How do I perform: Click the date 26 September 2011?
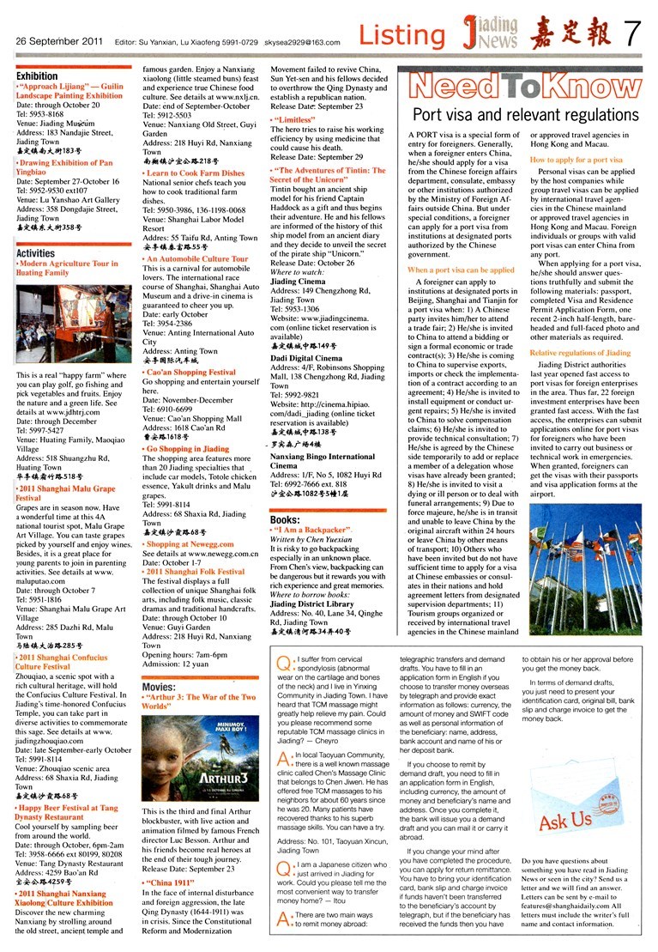pos(54,39)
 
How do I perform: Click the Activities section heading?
pos(35,253)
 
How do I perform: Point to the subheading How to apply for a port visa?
pos(576,161)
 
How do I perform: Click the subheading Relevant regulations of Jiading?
pos(579,353)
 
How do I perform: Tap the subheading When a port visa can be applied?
pos(461,270)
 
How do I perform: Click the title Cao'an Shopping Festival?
pos(190,373)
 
